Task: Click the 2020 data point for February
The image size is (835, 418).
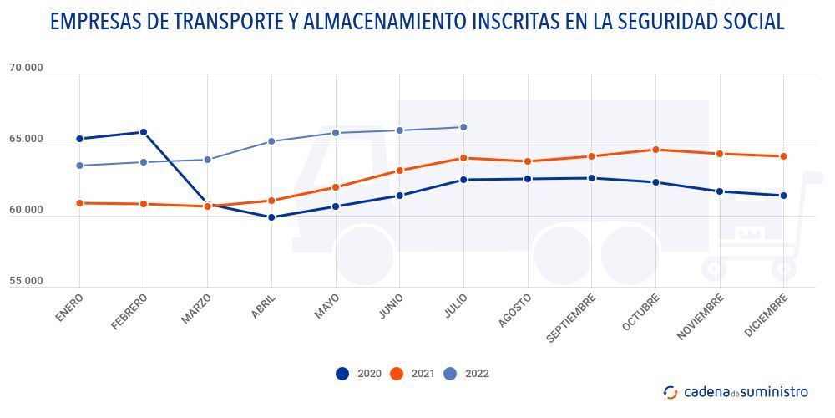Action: coord(144,132)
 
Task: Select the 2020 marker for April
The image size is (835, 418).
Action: coord(271,217)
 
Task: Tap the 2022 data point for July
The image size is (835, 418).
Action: coord(463,127)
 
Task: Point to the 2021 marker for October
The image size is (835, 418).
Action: coord(655,150)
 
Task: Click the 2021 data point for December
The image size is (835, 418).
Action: coord(783,156)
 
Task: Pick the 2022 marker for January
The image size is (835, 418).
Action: coord(79,166)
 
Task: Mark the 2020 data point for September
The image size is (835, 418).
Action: coord(591,178)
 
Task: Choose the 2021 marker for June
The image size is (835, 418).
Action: coord(399,171)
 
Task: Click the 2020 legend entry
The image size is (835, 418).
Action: coord(359,374)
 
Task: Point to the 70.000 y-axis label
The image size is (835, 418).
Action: coord(26,69)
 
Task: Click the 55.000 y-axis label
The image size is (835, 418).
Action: coord(26,281)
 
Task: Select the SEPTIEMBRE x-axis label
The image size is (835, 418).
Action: coord(572,318)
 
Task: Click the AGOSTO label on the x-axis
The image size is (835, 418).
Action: coord(514,310)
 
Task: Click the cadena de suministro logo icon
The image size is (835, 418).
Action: coord(671,392)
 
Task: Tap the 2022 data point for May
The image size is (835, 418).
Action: coord(336,133)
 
